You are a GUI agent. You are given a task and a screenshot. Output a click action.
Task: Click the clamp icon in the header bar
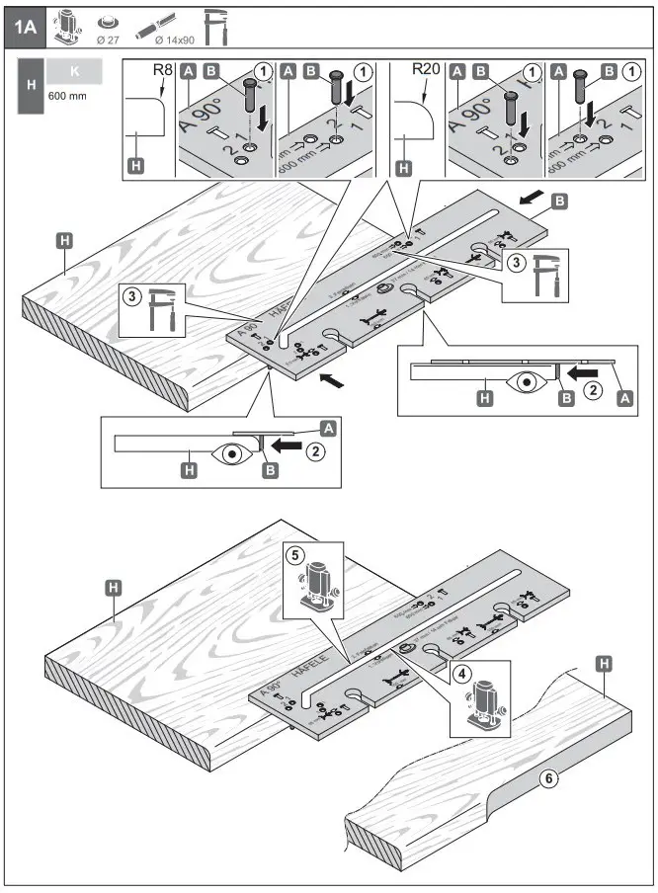pos(214,27)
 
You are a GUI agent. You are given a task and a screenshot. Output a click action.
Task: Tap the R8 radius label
pos(163,71)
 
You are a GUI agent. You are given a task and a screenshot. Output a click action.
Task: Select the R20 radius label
pos(427,71)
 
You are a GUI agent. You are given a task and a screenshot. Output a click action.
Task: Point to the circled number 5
pos(293,555)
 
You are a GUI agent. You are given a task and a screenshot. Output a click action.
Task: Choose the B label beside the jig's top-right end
pos(559,201)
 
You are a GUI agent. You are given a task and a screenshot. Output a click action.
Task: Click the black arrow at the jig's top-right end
pos(529,202)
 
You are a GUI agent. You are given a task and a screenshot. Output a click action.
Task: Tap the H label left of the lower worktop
pos(115,588)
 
